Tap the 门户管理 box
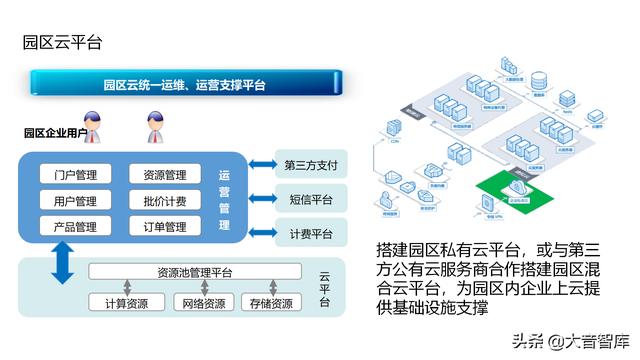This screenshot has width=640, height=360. pyautogui.click(x=75, y=175)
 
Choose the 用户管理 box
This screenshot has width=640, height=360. pyautogui.click(x=75, y=201)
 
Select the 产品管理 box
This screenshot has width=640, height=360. pyautogui.click(x=75, y=227)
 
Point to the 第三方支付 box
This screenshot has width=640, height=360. pyautogui.click(x=309, y=165)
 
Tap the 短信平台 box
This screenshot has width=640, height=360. pyautogui.click(x=309, y=199)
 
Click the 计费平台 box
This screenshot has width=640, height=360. pyautogui.click(x=309, y=234)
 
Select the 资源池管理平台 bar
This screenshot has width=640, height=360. pyautogui.click(x=195, y=272)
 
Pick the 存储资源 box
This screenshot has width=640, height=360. pyautogui.click(x=269, y=303)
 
